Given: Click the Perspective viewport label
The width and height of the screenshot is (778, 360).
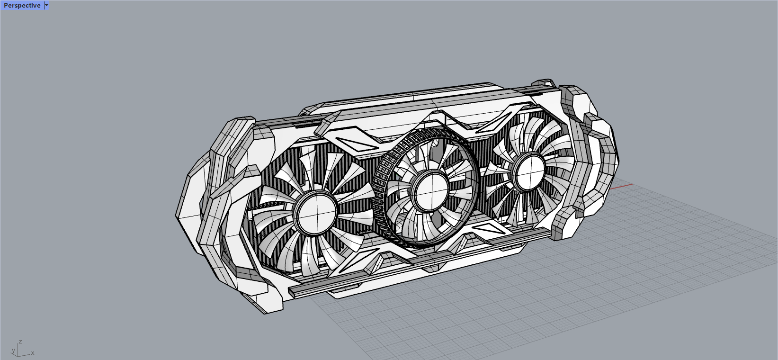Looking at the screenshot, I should point(22,6).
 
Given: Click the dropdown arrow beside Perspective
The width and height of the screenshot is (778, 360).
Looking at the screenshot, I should point(46,6).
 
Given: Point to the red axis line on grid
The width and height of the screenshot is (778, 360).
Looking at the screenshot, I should point(621,186).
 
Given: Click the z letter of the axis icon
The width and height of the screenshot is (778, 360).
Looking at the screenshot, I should point(20,342).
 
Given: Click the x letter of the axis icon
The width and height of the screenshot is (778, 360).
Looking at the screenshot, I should point(32,353).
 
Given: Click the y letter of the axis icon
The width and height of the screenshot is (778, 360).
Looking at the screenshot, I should point(13,351).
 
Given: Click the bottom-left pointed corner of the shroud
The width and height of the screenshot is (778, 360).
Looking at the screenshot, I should point(265,310).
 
